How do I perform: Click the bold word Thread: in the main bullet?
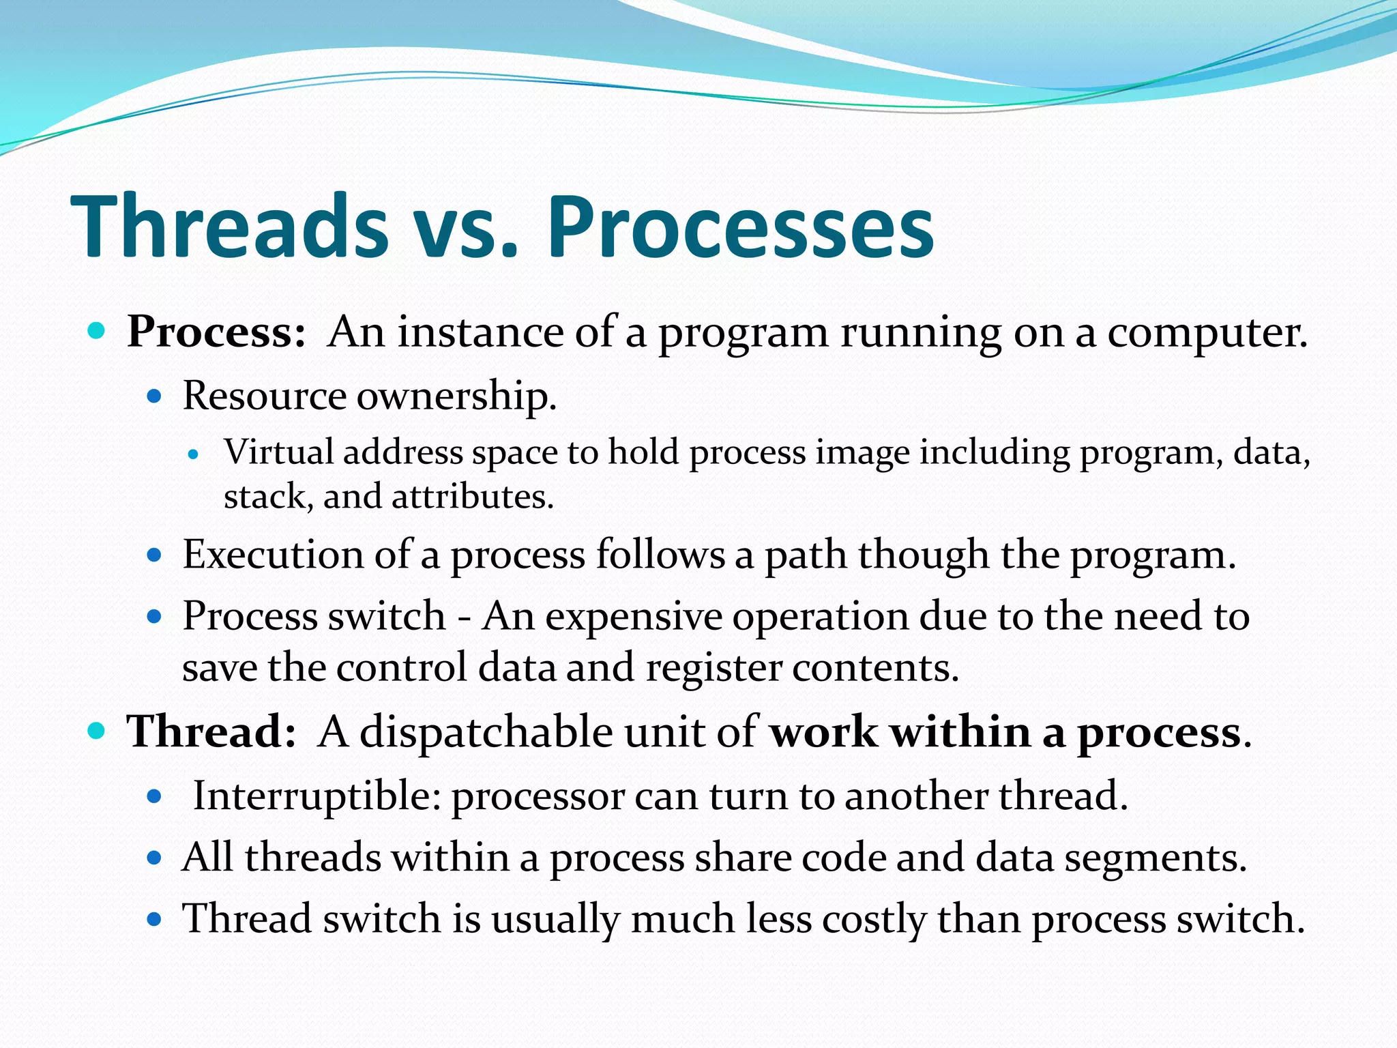tap(211, 732)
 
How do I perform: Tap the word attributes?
tap(472, 497)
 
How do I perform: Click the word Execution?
tap(272, 554)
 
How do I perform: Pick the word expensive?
tap(634, 617)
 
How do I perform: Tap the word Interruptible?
tap(317, 796)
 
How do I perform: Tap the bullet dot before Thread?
tap(97, 731)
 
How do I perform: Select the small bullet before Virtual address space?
tap(194, 454)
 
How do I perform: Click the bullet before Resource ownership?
tap(154, 396)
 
